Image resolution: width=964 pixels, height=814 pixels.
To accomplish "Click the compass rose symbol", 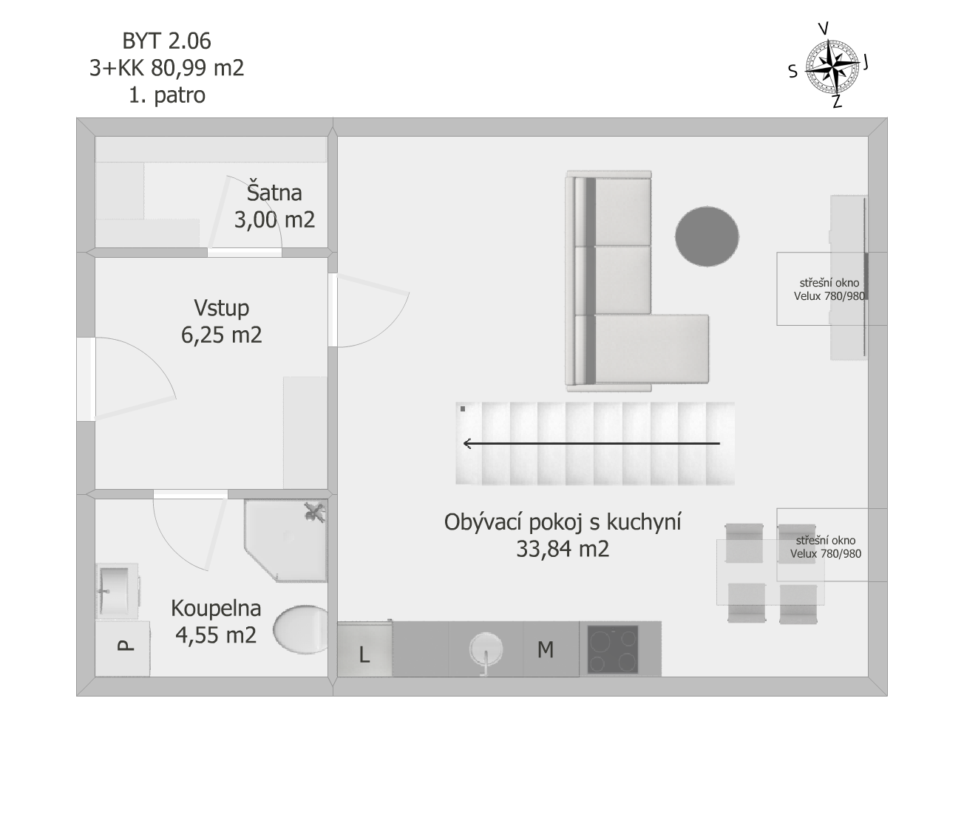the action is (x=832, y=67).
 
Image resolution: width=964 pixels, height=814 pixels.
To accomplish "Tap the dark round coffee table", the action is (x=707, y=236).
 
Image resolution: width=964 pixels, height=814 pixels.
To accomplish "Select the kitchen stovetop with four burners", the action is (x=613, y=649).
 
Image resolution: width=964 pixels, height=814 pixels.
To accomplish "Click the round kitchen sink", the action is (x=486, y=649).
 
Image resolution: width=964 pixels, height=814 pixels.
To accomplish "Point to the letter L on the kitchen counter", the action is (x=364, y=654).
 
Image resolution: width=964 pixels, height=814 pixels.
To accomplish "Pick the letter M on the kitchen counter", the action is (x=546, y=650).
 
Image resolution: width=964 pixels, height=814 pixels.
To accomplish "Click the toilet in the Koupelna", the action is (x=301, y=629).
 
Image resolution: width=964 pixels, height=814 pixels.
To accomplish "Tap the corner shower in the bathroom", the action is (x=286, y=541).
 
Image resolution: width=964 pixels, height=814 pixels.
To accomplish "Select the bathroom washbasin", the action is (x=118, y=591).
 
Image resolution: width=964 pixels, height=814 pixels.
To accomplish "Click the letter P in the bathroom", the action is (x=125, y=645).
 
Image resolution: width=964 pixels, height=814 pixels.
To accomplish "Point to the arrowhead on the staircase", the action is (x=467, y=443).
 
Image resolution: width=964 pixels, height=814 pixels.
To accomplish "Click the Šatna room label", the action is (x=274, y=193).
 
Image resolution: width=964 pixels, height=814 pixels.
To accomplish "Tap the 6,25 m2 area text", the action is (x=222, y=335).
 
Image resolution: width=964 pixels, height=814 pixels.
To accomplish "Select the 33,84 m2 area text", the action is (x=563, y=549).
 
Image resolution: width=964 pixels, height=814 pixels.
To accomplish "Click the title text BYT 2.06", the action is (x=166, y=41).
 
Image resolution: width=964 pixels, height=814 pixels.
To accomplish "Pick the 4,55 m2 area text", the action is (x=216, y=635).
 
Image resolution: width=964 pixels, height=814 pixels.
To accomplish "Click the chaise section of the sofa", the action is (x=651, y=349).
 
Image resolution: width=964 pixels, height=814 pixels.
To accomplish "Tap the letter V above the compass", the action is (x=824, y=29).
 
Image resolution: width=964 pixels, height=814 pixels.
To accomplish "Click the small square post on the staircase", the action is (x=463, y=408).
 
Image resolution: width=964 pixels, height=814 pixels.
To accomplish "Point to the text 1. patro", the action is (x=166, y=95).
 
